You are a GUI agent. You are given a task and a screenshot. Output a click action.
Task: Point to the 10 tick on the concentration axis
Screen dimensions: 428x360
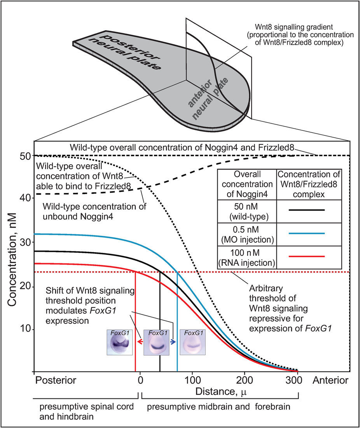(x=25, y=329)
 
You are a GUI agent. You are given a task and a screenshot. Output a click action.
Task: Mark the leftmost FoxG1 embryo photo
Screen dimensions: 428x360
(x=120, y=342)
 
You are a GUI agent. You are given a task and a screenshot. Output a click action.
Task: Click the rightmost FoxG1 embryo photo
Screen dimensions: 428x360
(x=192, y=342)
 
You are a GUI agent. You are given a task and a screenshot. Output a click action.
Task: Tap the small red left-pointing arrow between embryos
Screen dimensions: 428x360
(x=140, y=342)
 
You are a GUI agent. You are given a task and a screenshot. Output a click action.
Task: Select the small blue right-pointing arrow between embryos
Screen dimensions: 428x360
(x=173, y=342)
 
